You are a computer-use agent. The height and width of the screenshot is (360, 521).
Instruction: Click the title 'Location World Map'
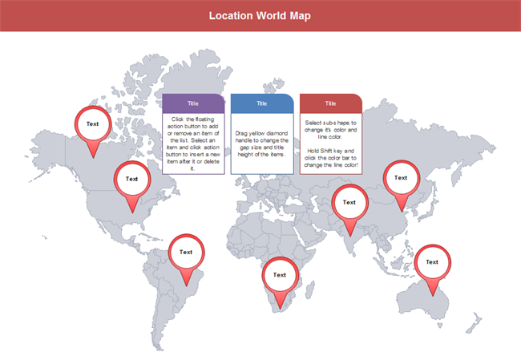pyautogui.click(x=260, y=15)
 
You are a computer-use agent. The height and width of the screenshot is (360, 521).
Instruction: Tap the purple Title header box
pyautogui.click(x=192, y=103)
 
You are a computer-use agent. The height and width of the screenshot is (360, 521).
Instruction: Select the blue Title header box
pyautogui.click(x=261, y=103)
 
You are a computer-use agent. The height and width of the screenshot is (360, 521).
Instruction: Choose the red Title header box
pyautogui.click(x=330, y=103)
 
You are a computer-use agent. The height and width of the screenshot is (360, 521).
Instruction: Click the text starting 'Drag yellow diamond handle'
pyautogui.click(x=261, y=143)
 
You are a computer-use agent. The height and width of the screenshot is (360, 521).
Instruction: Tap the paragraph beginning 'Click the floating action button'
pyautogui.click(x=192, y=143)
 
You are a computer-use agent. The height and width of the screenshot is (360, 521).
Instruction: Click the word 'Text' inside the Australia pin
pyautogui.click(x=432, y=261)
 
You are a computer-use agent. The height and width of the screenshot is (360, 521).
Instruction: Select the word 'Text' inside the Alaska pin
pyautogui.click(x=93, y=123)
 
